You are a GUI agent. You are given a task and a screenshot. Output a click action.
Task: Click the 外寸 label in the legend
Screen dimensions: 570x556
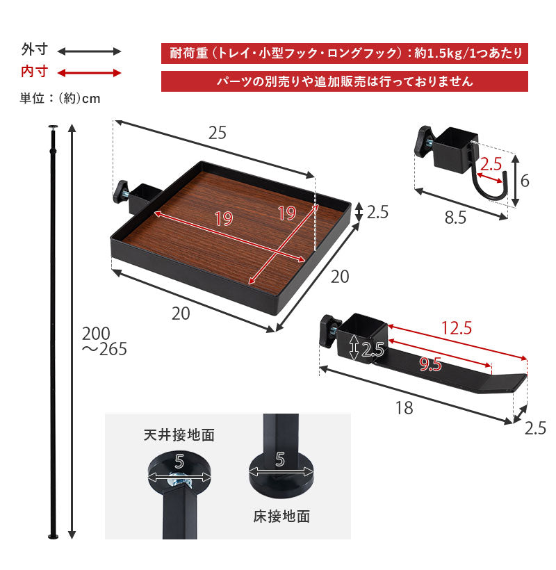click(34, 51)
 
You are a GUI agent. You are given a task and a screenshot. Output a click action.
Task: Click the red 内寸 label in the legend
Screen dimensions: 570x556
click(34, 72)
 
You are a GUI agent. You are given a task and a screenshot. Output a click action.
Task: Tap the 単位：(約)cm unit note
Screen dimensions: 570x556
click(60, 98)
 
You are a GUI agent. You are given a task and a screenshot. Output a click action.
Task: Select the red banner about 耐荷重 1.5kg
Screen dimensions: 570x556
click(344, 54)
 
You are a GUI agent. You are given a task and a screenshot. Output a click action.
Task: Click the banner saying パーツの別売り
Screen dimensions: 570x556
click(344, 81)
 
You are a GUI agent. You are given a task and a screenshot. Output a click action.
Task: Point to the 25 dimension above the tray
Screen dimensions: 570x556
click(217, 133)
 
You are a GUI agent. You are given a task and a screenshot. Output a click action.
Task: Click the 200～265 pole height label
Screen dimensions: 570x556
click(104, 341)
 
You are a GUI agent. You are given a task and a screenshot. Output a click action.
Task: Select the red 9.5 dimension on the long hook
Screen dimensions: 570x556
click(432, 364)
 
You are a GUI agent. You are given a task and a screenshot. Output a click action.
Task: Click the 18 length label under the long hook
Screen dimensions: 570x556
click(404, 408)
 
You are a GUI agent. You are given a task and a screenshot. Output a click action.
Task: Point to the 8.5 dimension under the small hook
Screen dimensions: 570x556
click(455, 218)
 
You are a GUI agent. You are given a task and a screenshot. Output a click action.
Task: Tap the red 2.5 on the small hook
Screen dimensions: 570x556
click(491, 165)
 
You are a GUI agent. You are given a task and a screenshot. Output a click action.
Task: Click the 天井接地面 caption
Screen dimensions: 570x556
click(179, 436)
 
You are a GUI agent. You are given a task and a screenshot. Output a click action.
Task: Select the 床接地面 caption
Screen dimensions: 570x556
click(281, 516)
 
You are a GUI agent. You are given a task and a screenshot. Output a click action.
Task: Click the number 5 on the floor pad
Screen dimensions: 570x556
click(280, 459)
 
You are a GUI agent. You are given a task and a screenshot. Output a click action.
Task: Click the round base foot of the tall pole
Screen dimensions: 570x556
click(53, 537)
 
